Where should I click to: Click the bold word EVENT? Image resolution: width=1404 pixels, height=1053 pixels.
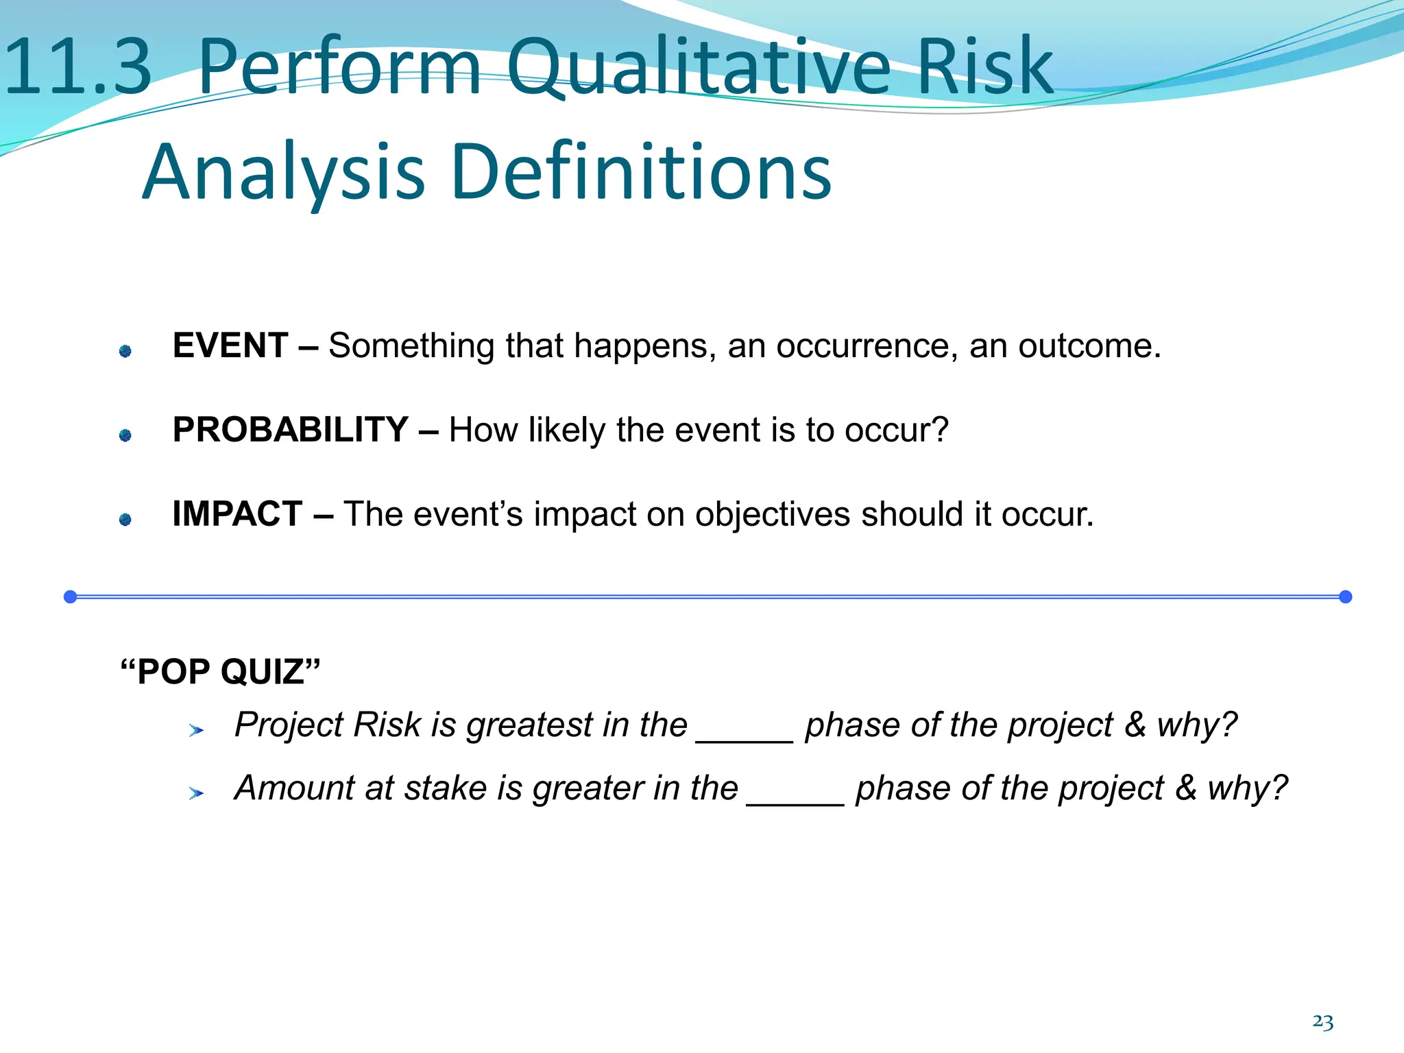(230, 346)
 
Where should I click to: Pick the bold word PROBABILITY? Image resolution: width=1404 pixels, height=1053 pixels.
(291, 430)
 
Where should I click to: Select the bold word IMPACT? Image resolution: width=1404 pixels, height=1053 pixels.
(237, 514)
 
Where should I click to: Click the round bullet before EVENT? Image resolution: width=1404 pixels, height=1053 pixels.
(125, 351)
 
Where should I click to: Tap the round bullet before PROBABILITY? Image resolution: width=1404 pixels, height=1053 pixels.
(125, 435)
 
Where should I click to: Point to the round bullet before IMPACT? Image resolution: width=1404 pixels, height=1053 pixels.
(125, 520)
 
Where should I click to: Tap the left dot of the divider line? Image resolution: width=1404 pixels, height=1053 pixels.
(70, 596)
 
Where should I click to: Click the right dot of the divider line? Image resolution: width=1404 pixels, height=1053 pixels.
(1345, 596)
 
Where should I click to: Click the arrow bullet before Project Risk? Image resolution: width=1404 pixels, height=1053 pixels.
(196, 731)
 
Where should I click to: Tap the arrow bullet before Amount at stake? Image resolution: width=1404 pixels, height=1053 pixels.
(196, 794)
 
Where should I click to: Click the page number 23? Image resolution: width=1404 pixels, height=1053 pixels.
(1322, 1022)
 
